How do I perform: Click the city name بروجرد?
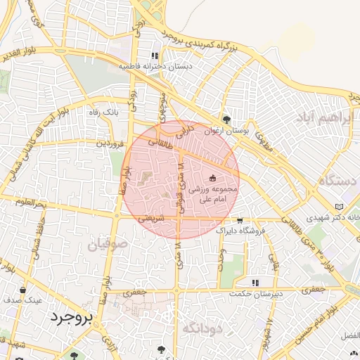pyautogui.click(x=70, y=318)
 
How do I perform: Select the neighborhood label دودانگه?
pyautogui.click(x=202, y=328)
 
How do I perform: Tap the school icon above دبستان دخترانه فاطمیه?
pyautogui.click(x=154, y=56)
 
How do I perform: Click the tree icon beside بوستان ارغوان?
pyautogui.click(x=226, y=120)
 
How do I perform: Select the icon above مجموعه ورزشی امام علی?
pyautogui.click(x=212, y=179)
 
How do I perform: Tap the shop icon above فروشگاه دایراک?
pyautogui.click(x=240, y=219)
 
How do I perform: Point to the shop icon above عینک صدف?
pyautogui.click(x=23, y=290)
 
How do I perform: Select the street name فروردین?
pyautogui.click(x=110, y=143)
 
